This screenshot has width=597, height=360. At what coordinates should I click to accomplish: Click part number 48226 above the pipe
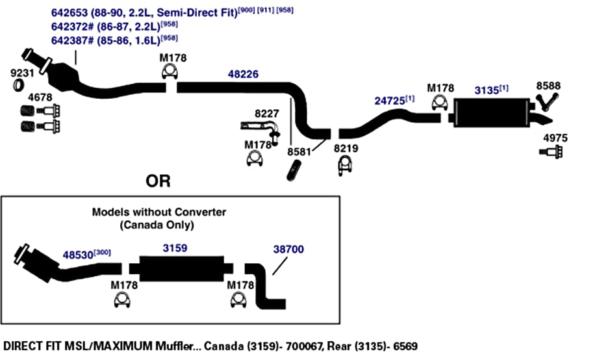243,74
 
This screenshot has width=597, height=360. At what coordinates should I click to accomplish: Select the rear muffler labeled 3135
491,113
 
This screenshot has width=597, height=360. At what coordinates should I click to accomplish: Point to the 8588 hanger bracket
547,101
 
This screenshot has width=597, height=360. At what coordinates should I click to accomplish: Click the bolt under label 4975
552,151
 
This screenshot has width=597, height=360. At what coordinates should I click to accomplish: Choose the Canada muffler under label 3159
181,268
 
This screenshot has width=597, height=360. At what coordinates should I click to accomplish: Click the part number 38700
288,249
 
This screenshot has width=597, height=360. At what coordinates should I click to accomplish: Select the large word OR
158,181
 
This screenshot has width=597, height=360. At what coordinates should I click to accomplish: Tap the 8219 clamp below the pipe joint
345,165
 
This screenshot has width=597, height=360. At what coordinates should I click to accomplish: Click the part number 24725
390,101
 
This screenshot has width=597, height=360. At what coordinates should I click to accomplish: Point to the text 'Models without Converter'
159,212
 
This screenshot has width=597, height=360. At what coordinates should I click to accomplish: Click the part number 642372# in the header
72,27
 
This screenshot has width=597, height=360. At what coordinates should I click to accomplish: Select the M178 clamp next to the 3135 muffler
440,103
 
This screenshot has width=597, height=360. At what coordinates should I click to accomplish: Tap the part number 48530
78,255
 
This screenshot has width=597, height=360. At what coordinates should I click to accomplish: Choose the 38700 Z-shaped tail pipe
265,286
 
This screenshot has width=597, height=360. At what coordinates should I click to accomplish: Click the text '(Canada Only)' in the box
157,225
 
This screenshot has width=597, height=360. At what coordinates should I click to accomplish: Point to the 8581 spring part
294,171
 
